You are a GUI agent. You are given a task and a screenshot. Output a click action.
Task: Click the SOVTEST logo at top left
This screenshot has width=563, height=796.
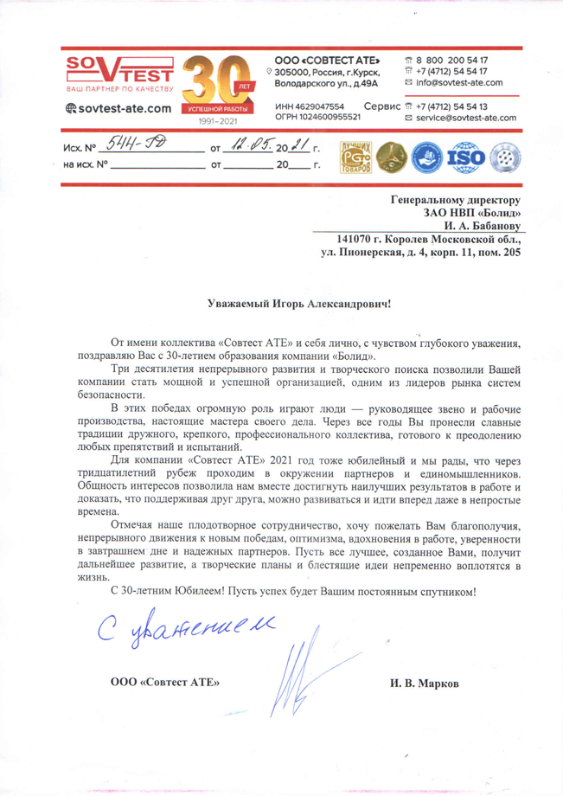119,73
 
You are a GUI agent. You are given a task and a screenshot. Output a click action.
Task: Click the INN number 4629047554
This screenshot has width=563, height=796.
315,106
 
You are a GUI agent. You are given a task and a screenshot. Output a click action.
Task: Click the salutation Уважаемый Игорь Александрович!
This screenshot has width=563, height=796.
299,304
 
